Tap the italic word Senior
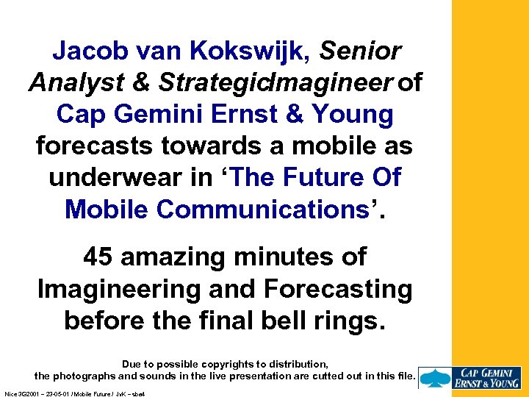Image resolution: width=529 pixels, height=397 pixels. (x=361, y=51)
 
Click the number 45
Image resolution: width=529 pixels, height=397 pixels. (x=98, y=257)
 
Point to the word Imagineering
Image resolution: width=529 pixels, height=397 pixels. (x=120, y=289)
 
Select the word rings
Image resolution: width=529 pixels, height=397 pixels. (x=351, y=321)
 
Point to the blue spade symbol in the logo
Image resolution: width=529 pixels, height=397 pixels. (x=436, y=376)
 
